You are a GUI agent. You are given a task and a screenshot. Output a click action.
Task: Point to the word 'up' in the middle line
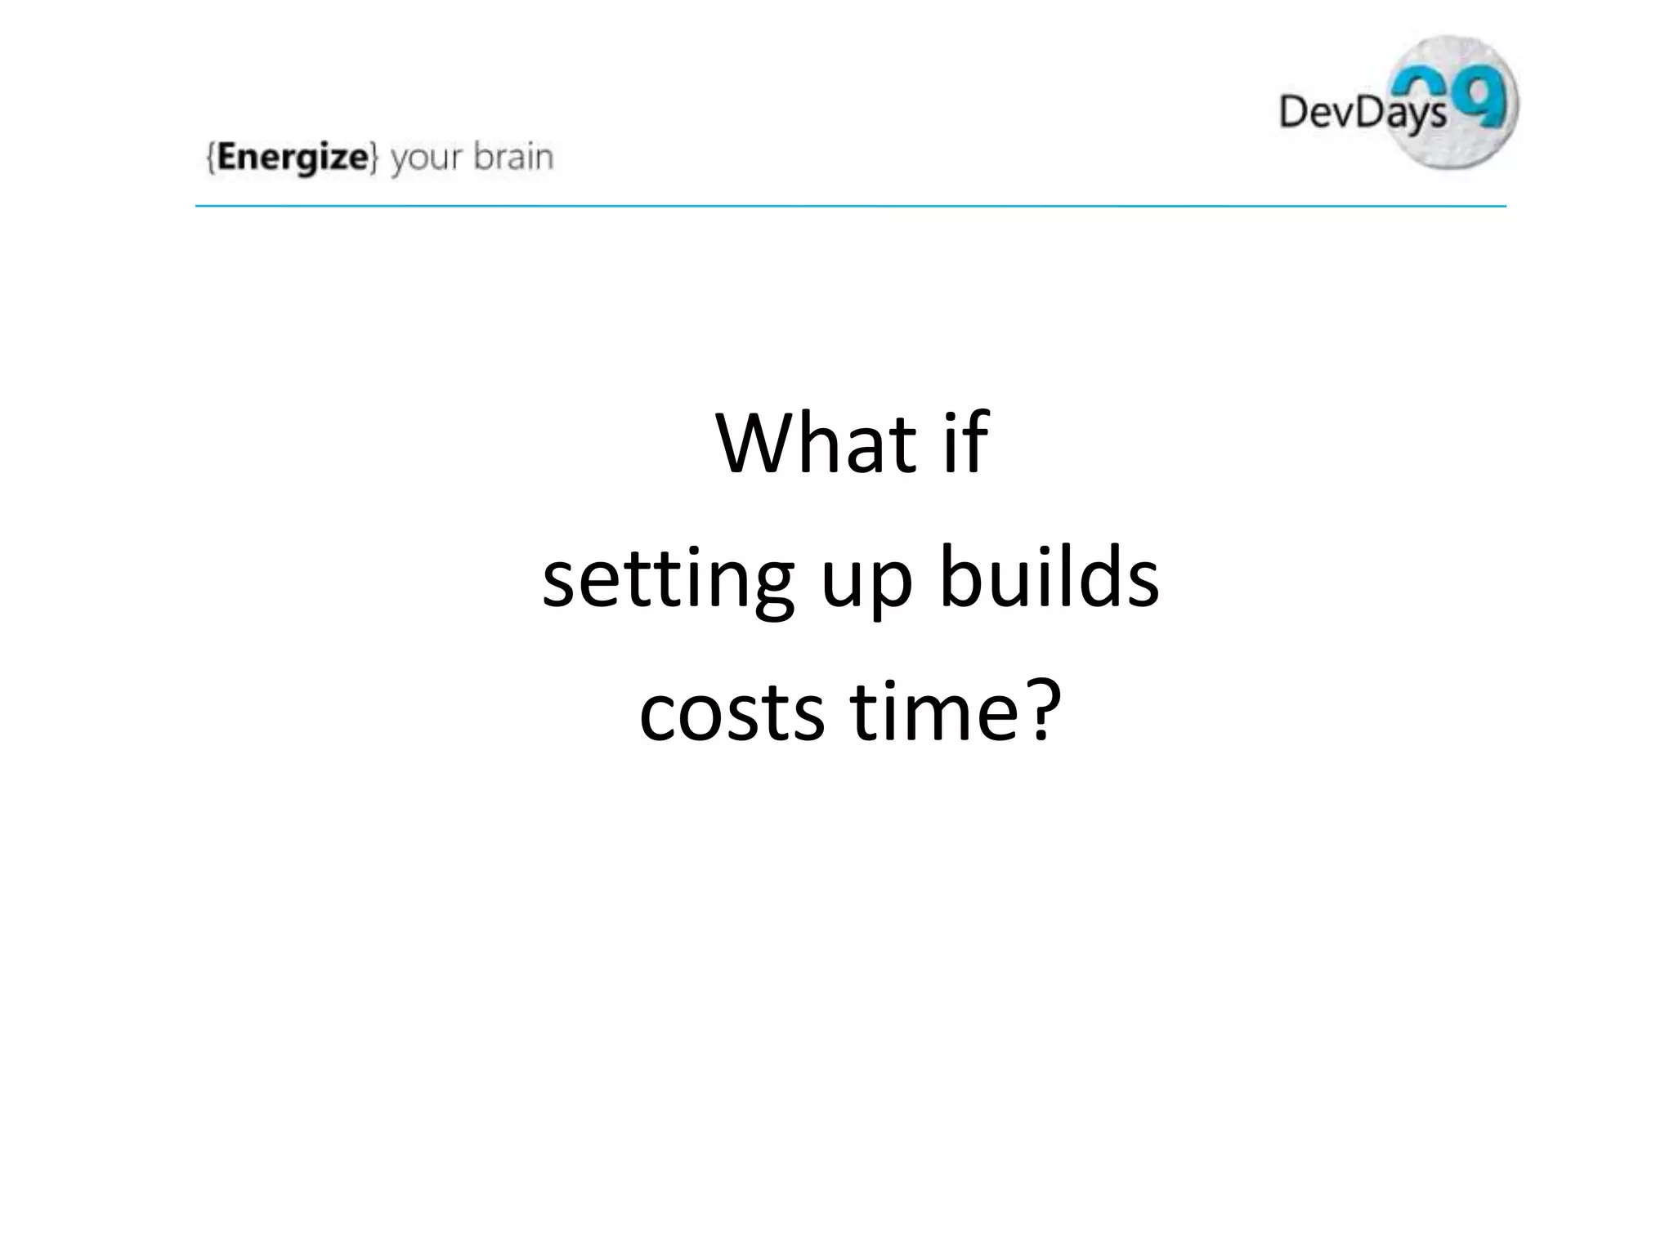[866, 582]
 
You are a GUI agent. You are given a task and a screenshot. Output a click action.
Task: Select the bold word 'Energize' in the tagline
[293, 157]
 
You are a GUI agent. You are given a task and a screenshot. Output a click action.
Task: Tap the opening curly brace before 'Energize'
[211, 157]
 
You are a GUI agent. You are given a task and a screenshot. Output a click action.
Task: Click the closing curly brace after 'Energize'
[374, 157]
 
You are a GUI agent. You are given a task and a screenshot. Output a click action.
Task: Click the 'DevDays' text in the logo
[1362, 112]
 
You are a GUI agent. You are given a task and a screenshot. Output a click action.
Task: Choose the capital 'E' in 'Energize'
[228, 156]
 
